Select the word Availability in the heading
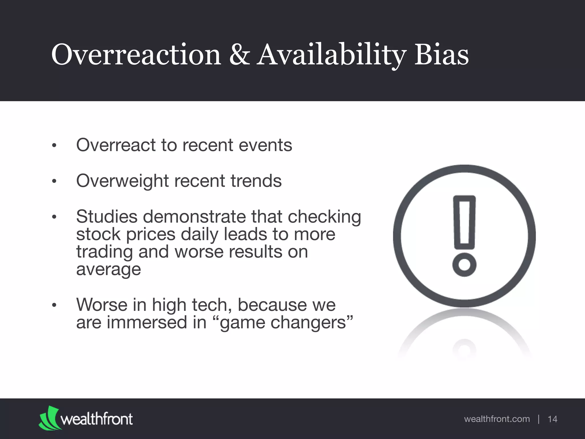coord(331,55)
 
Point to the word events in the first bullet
coord(265,145)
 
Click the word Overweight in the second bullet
coord(123,181)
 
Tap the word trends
coord(256,181)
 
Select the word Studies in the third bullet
coord(107,216)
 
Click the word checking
coord(324,217)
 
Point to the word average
coord(109,270)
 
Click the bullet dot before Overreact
coord(54,146)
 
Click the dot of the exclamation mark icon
coord(464,264)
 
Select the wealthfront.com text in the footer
coord(497,419)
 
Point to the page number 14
coord(552,419)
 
